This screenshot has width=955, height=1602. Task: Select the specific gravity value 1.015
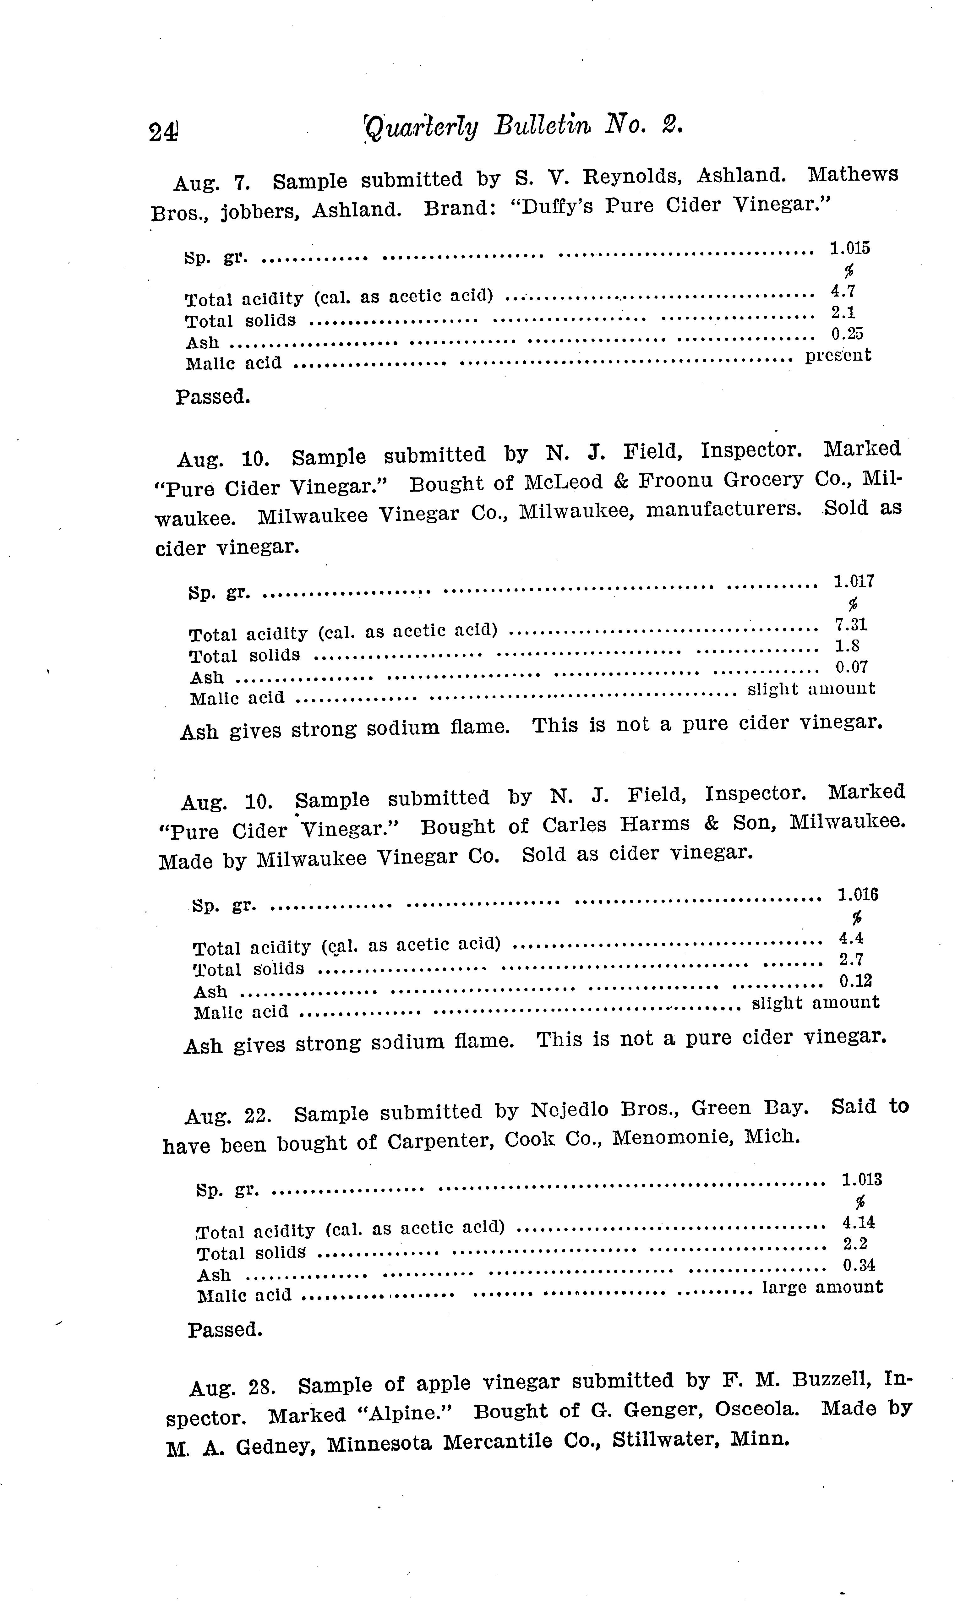849,248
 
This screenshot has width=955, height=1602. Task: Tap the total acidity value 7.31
851,624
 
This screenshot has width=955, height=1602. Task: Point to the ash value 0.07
851,667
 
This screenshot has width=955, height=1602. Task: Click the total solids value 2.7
851,959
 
